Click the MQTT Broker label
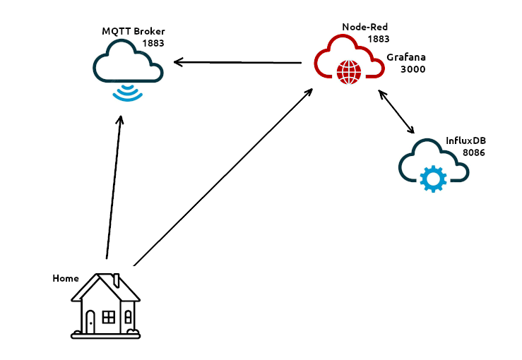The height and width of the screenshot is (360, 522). pos(134,32)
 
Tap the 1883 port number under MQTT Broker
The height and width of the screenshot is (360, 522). pos(153,43)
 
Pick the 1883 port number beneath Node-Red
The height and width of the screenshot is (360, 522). pos(378,39)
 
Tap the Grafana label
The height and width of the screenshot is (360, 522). pos(406,57)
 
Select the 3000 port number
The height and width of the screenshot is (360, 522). pos(413,69)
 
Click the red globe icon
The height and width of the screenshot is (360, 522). pos(349,71)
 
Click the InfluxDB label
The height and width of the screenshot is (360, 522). pos(465,140)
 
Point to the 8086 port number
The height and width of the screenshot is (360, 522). pos(474,152)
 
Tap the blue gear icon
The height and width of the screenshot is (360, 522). pos(432,178)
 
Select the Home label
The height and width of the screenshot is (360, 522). pos(65,278)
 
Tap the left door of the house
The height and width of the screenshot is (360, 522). pos(90,322)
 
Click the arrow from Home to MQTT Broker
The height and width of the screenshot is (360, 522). pos(114,188)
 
